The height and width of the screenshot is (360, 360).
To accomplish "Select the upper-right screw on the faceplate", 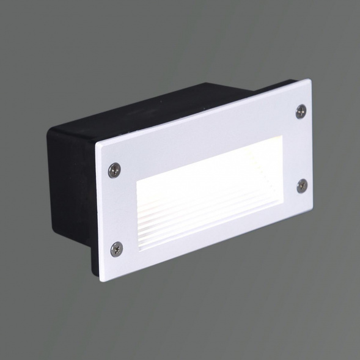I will coord(301,110).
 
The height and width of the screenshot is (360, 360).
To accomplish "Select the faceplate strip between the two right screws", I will coord(300,148).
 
